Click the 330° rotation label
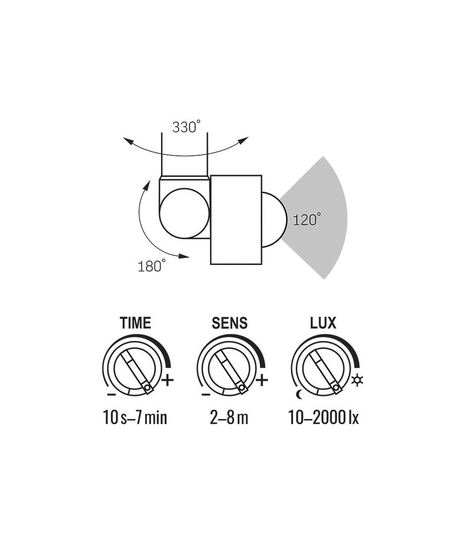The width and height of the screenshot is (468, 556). click(x=186, y=127)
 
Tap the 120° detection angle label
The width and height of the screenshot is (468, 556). click(x=307, y=219)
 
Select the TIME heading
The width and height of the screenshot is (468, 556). click(x=135, y=323)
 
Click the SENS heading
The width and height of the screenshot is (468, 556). click(x=229, y=323)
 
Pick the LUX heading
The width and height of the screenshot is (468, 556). click(x=323, y=323)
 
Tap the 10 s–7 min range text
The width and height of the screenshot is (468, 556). click(x=135, y=417)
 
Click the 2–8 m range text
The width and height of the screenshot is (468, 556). click(x=229, y=417)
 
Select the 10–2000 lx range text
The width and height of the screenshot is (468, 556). click(x=323, y=417)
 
